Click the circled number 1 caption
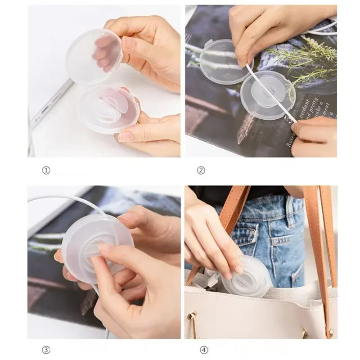click(46, 170)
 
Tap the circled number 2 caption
click(201, 170)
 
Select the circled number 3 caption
click(46, 350)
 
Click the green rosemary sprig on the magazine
click(306, 58)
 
